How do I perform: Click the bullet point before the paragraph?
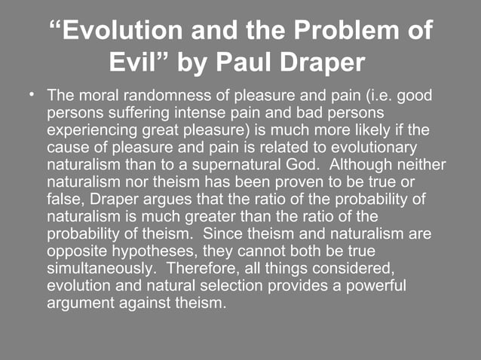click(31, 96)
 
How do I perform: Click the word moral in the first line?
click(95, 97)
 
